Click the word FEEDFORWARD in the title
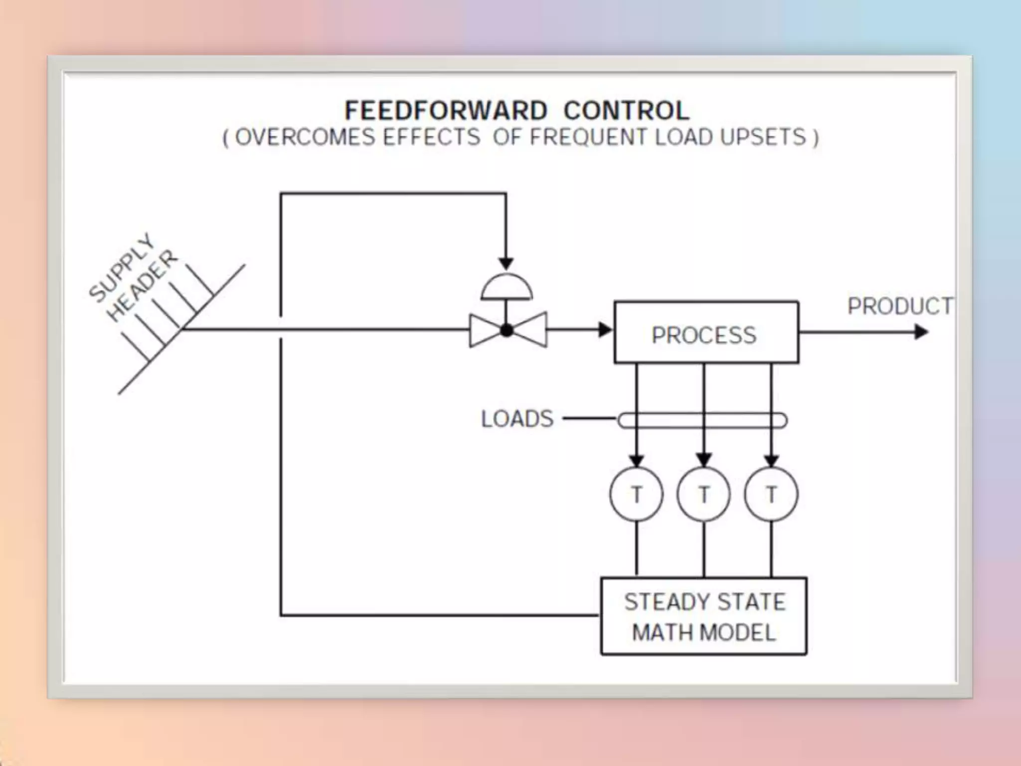pos(446,111)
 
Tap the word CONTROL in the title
pos(627,111)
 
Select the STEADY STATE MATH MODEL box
pos(703,616)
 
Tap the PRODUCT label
pos(900,306)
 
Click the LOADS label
pos(517,419)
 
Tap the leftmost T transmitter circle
pos(636,494)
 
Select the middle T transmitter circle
pos(703,494)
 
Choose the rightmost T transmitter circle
pos(771,494)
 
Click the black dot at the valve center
pos(507,330)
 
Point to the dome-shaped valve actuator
pos(507,288)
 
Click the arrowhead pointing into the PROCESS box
pos(605,330)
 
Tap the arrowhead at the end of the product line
pos(921,332)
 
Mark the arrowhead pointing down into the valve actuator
pos(506,264)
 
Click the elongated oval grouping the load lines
pos(702,420)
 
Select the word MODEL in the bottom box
pos(738,633)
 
